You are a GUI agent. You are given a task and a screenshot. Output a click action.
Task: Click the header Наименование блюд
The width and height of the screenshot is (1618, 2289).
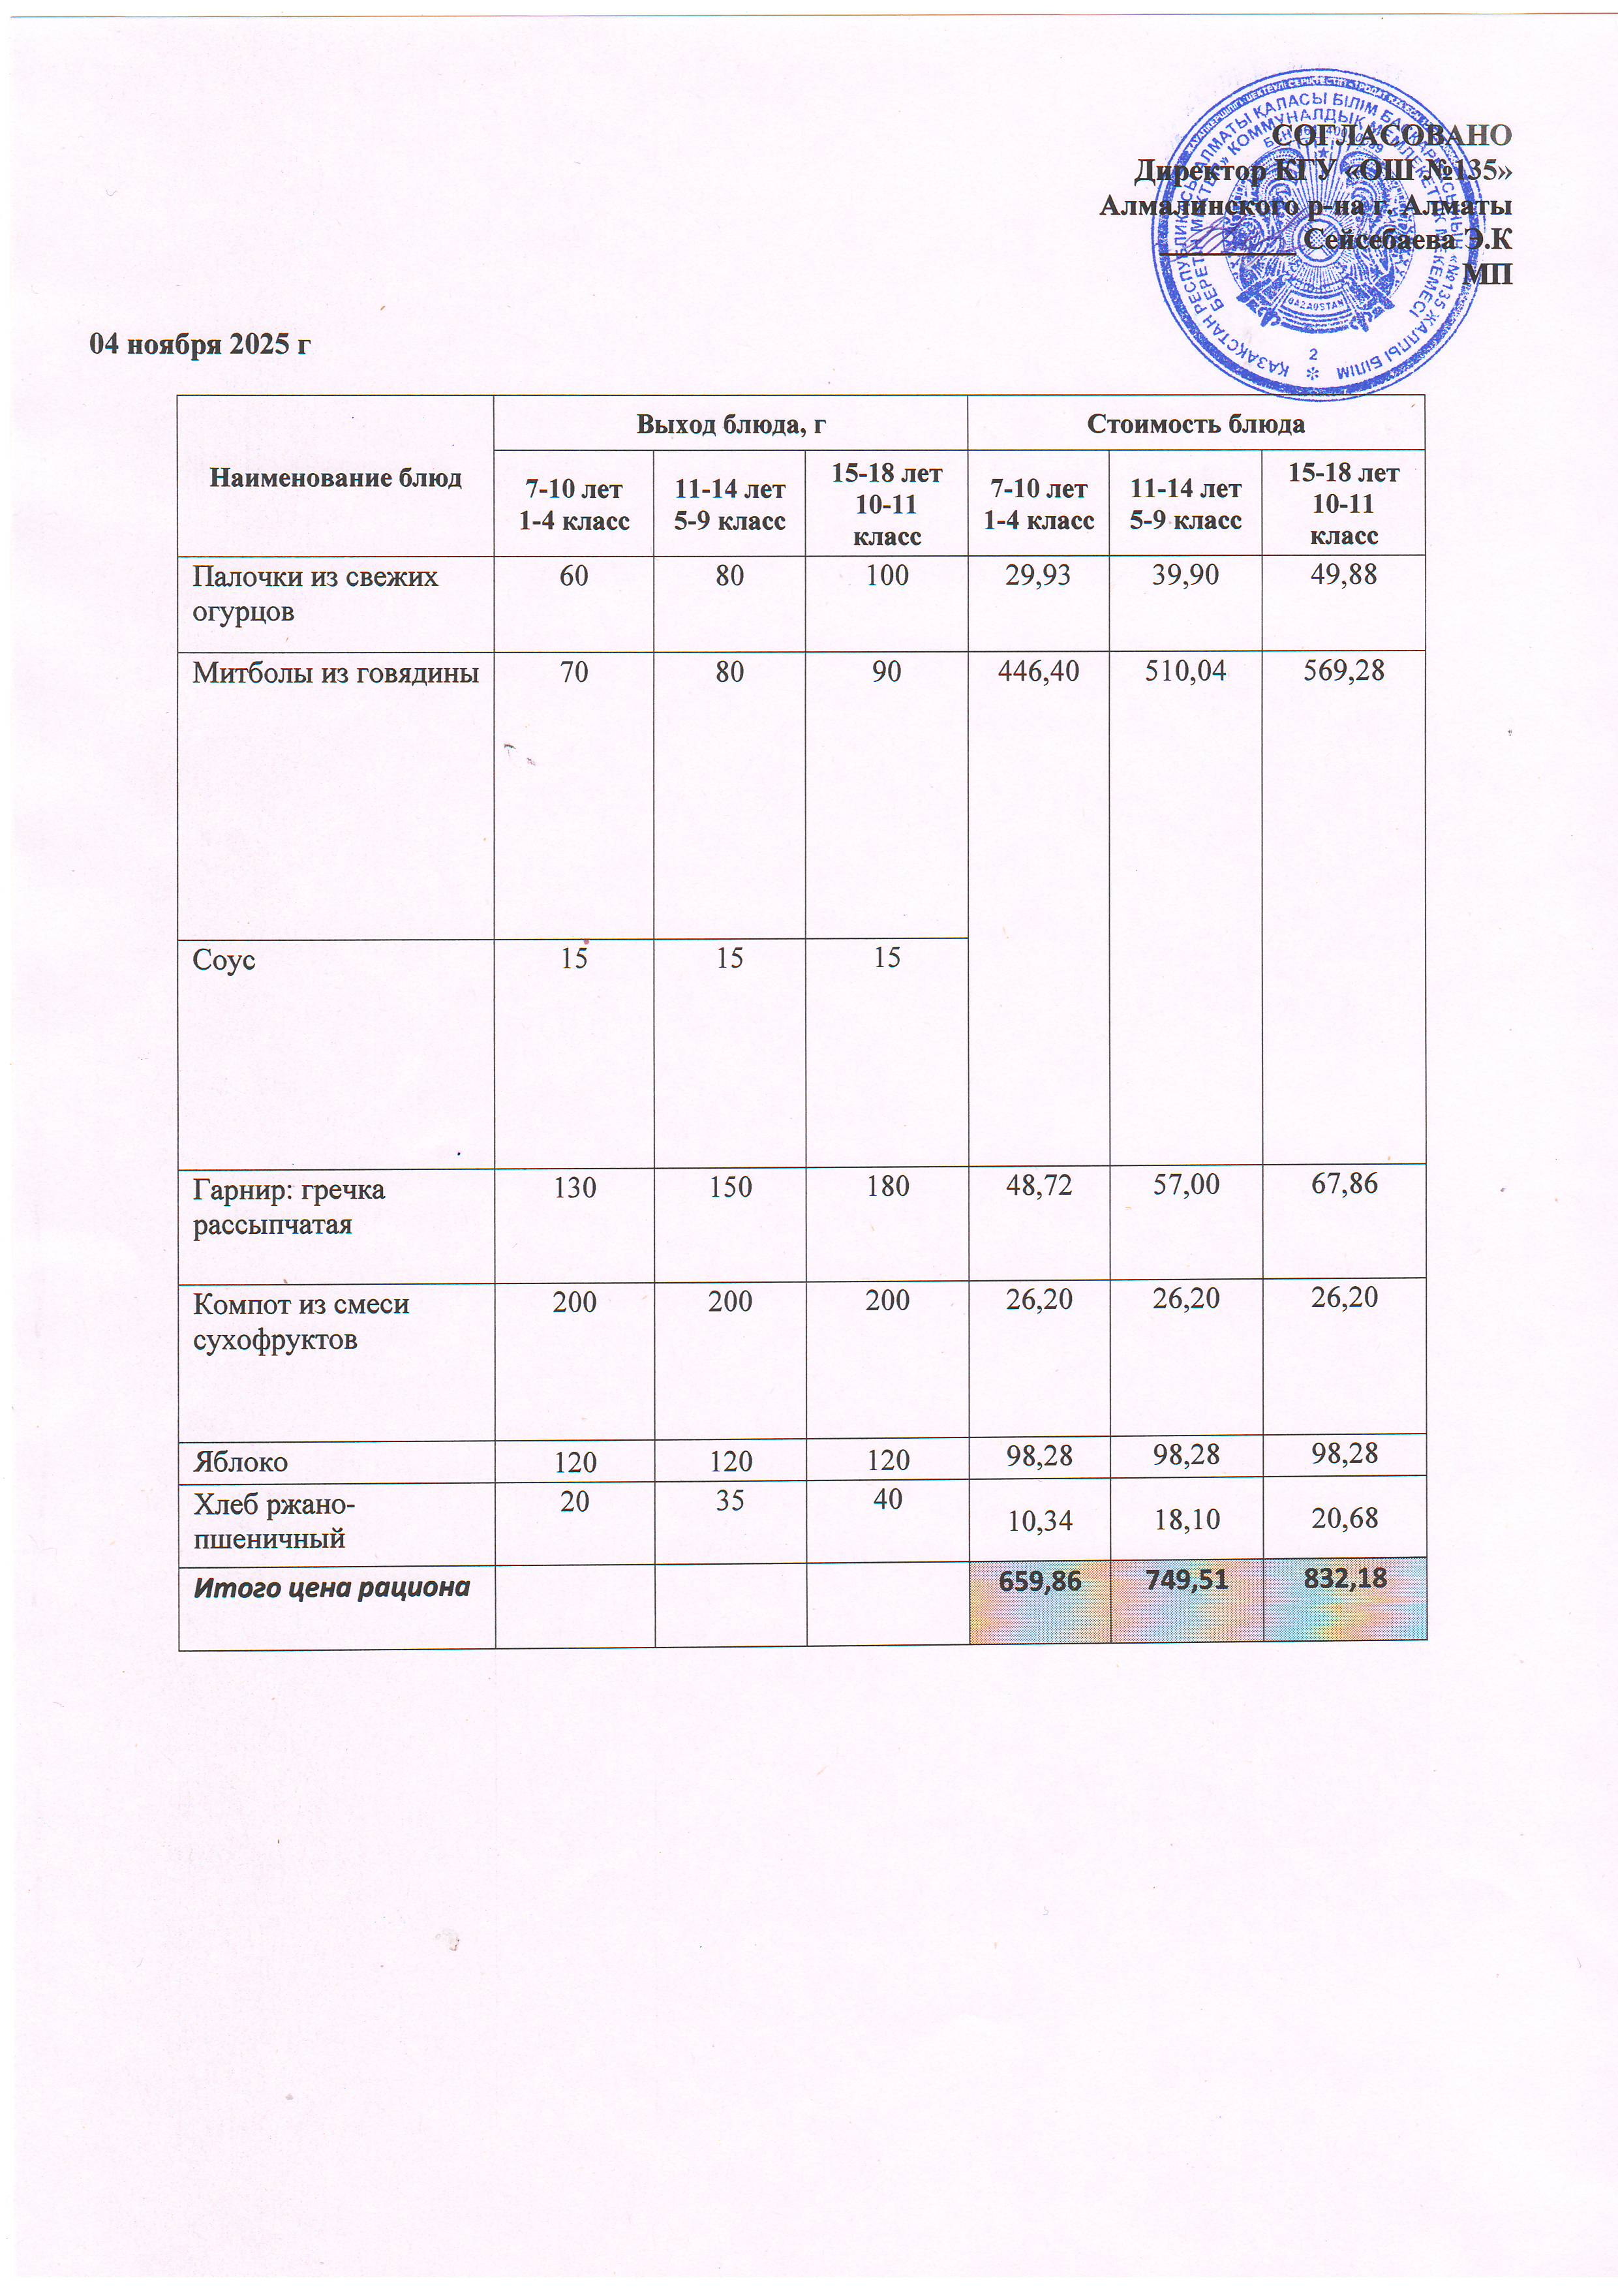336,478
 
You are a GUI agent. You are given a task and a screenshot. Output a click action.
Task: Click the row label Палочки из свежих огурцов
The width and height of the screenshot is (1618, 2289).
315,594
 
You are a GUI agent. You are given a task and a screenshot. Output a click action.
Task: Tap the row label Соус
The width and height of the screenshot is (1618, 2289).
224,960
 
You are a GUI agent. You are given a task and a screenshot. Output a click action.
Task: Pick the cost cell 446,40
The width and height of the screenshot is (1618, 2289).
1039,671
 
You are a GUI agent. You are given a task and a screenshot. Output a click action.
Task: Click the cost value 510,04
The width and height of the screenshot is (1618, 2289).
1185,671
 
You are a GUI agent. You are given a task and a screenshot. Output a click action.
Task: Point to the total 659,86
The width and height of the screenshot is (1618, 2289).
1039,1580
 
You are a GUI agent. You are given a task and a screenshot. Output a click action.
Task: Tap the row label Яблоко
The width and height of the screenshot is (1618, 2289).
240,1462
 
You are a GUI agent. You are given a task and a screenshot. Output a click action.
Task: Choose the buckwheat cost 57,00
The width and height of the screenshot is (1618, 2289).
1185,1184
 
